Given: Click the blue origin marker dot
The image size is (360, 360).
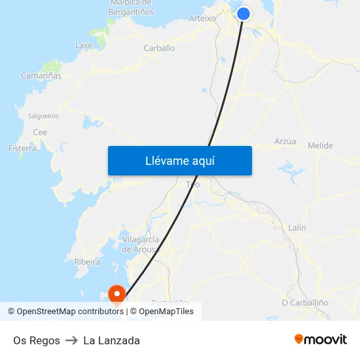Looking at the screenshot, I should click(243, 14).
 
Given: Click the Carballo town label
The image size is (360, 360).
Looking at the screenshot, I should click(159, 48).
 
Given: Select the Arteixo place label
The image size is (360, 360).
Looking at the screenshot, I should click(202, 18).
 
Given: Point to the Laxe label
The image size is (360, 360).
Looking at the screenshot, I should click(84, 46).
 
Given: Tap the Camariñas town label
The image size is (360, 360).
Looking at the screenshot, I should click(41, 75).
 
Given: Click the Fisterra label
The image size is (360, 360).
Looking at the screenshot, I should click(22, 149).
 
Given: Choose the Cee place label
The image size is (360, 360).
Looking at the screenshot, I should click(40, 132).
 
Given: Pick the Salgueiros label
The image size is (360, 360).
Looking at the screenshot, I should click(43, 116).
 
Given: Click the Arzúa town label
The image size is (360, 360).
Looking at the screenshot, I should click(285, 141).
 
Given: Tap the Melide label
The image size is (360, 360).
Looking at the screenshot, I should click(320, 145).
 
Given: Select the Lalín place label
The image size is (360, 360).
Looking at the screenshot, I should click(297, 227).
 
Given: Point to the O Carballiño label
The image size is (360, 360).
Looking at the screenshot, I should click(304, 302).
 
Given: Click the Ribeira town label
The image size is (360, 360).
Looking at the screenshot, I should click(87, 262).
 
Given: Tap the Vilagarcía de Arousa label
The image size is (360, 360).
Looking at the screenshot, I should click(140, 244).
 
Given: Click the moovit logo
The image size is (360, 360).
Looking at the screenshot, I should click(320, 340).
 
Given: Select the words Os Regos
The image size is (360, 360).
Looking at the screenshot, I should click(37, 340).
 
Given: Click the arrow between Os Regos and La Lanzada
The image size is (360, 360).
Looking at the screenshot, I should click(71, 340).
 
